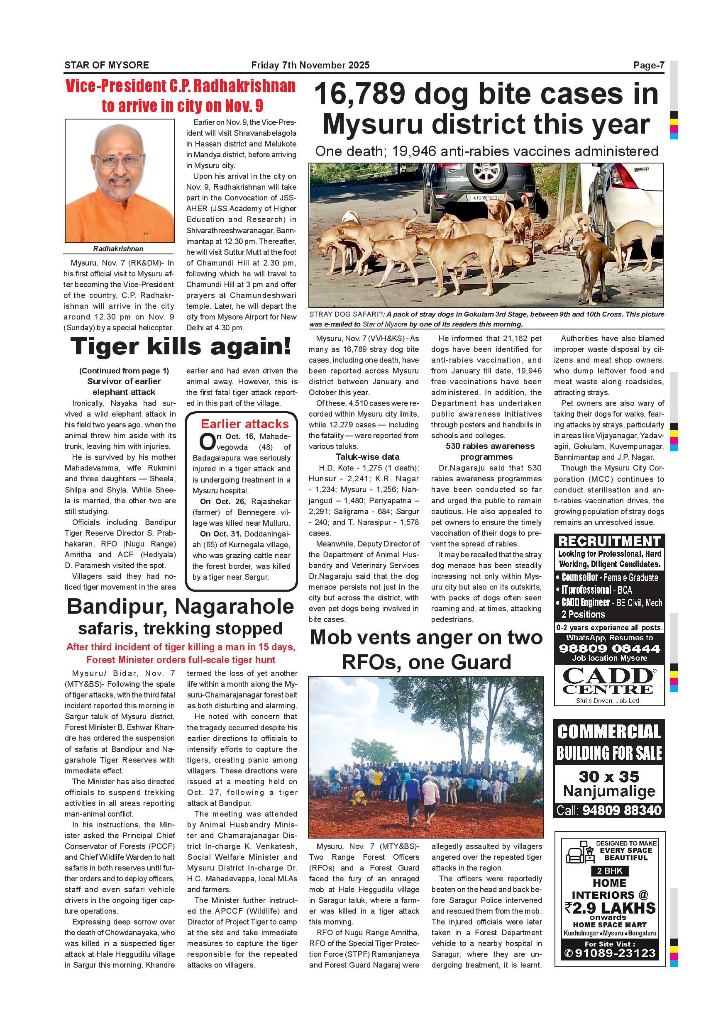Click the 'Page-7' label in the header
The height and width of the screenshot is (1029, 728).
click(x=648, y=66)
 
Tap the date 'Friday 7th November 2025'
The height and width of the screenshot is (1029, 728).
click(x=310, y=66)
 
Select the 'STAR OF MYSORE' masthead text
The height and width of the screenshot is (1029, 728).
click(x=107, y=66)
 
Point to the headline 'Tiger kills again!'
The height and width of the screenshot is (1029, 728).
click(x=180, y=346)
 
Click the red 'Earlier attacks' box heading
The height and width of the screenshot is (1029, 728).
click(x=244, y=424)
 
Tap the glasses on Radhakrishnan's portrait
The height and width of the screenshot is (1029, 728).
click(x=119, y=160)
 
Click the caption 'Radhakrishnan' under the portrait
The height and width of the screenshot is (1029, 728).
click(x=118, y=249)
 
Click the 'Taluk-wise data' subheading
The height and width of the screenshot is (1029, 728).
click(x=368, y=457)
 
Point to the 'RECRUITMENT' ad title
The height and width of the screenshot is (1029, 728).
click(x=609, y=541)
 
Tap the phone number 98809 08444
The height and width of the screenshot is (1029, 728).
click(x=609, y=648)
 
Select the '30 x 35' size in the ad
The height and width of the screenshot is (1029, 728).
click(x=609, y=776)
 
